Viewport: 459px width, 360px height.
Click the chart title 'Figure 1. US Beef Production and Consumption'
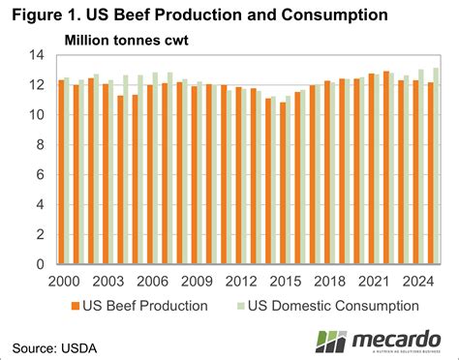point(195,15)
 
